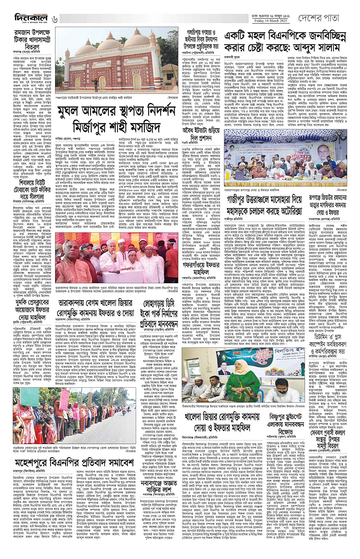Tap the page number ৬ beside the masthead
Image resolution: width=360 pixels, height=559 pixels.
pos(55,19)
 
